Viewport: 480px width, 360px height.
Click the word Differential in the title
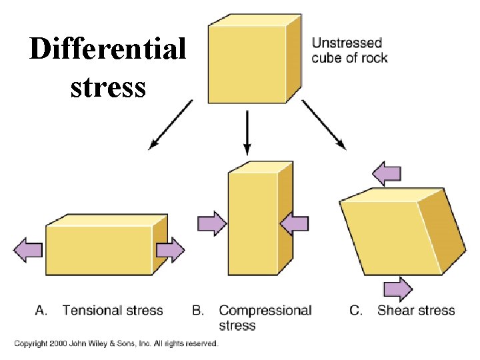[107, 50]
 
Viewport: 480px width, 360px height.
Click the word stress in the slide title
[107, 87]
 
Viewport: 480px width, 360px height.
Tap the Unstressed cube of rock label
[349, 50]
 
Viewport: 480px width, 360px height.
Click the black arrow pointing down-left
[171, 124]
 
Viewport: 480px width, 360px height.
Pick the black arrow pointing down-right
[324, 124]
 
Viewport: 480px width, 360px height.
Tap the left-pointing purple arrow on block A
[28, 250]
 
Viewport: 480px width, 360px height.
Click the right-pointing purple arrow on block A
[171, 250]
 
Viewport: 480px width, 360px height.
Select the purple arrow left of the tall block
[212, 223]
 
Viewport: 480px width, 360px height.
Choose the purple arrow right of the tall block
[294, 223]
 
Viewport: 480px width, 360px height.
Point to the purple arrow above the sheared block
[389, 174]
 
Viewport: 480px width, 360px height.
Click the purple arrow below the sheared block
[398, 289]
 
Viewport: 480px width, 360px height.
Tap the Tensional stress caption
[113, 310]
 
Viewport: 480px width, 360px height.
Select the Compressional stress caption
[265, 317]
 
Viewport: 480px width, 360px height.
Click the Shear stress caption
[416, 310]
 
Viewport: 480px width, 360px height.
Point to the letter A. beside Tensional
[41, 310]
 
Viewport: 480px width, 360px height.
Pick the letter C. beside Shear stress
[356, 310]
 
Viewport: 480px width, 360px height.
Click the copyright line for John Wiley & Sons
[116, 343]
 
